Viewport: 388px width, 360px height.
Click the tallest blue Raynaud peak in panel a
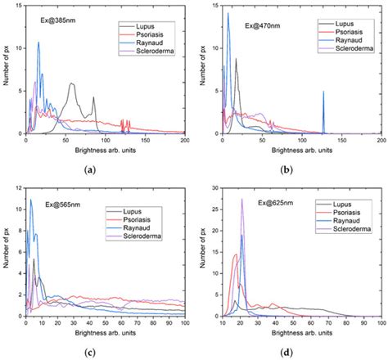[x=38, y=43]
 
